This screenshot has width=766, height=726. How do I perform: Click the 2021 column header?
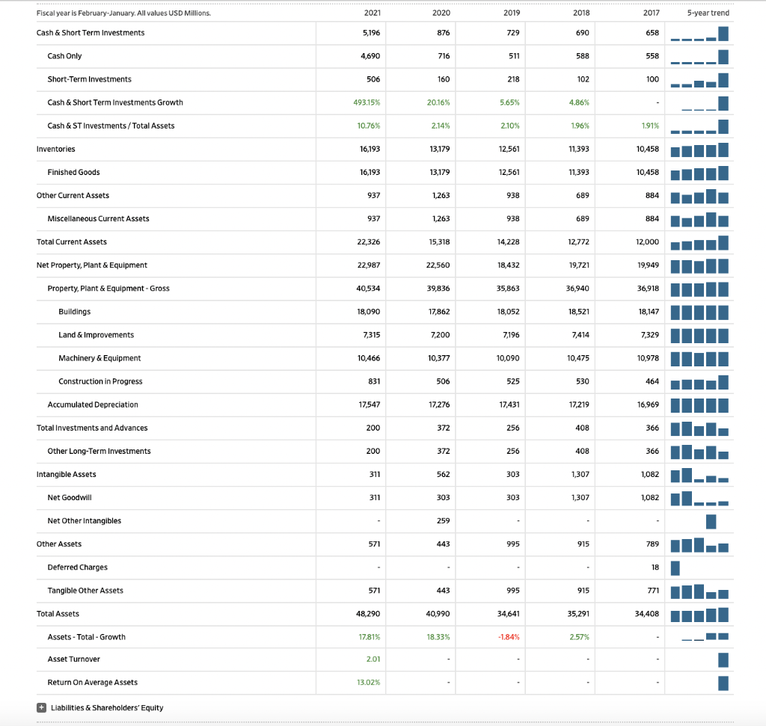[x=372, y=13]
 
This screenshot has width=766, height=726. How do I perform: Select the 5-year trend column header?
[x=711, y=13]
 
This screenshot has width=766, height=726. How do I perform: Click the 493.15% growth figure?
[x=367, y=102]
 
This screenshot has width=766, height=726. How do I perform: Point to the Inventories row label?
[x=55, y=149]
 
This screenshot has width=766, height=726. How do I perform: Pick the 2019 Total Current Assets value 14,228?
[x=508, y=242]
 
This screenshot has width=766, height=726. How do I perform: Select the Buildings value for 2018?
[x=579, y=311]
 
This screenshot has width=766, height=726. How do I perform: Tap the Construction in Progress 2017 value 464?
[x=652, y=381]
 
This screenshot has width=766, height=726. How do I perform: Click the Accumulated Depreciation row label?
[x=92, y=404]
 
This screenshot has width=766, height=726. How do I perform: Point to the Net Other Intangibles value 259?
[x=443, y=520]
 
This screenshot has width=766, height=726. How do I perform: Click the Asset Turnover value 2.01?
[x=373, y=659]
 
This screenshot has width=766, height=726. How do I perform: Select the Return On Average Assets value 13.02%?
[x=369, y=682]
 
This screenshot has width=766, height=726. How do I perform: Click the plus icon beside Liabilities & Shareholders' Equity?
[x=43, y=707]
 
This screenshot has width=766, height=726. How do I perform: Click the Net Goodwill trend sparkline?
[x=699, y=497]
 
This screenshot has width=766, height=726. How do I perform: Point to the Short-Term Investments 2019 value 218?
[x=511, y=79]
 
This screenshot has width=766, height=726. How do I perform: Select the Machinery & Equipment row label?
[x=99, y=358]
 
